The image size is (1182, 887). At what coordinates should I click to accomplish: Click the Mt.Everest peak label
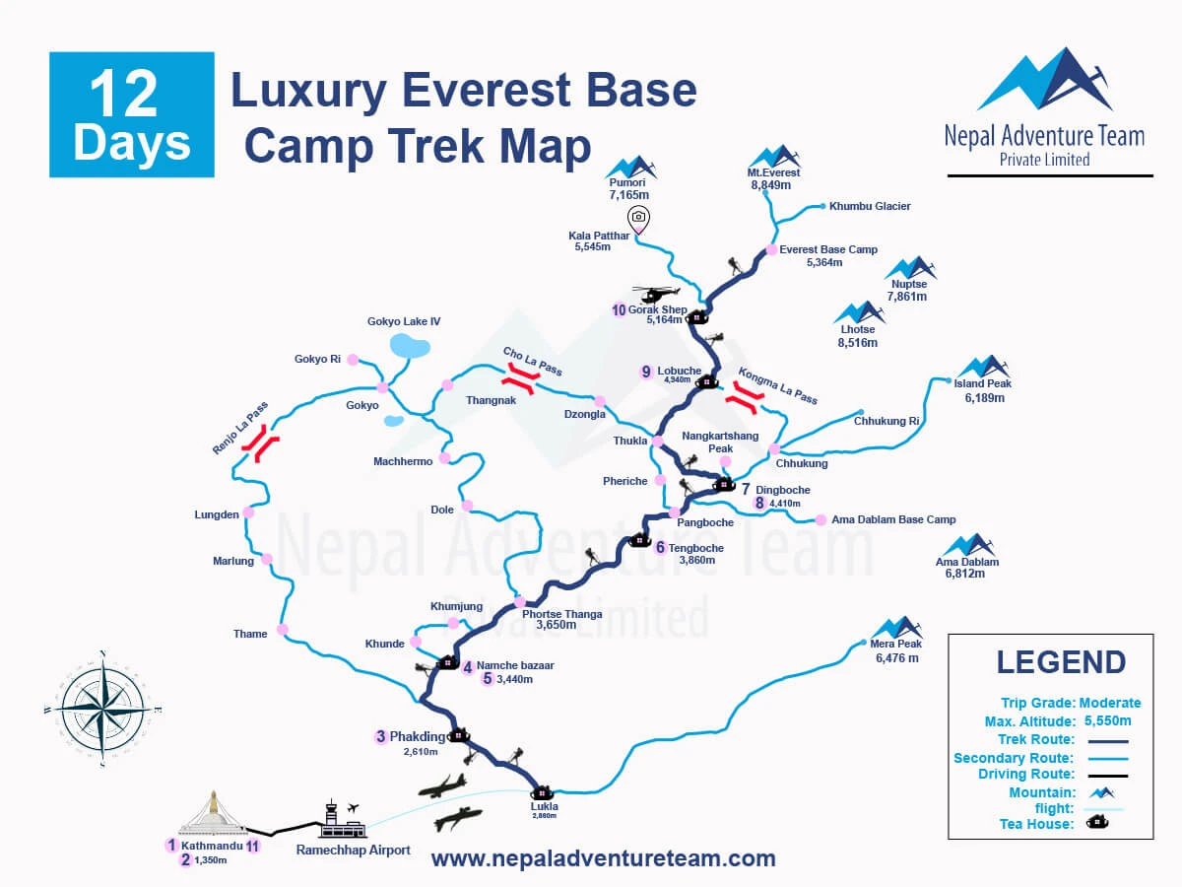click(773, 173)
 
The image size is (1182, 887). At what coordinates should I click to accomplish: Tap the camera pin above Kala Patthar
click(638, 218)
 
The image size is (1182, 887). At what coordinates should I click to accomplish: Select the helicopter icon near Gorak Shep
click(656, 294)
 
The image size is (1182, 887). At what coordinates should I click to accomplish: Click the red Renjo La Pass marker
click(262, 445)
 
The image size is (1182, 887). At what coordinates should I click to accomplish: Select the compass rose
click(102, 709)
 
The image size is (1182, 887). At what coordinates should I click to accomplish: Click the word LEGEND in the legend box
click(1060, 662)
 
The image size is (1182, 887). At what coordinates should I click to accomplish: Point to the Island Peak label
click(982, 383)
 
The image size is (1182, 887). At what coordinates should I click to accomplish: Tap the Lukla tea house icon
click(542, 791)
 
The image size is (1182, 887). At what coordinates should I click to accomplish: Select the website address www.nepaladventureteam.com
click(603, 858)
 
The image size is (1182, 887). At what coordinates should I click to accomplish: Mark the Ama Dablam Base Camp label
click(893, 519)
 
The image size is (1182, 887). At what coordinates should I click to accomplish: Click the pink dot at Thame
click(283, 629)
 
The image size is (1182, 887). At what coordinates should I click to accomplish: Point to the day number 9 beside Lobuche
click(646, 372)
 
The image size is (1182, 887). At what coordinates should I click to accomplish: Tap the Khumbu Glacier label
click(870, 206)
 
